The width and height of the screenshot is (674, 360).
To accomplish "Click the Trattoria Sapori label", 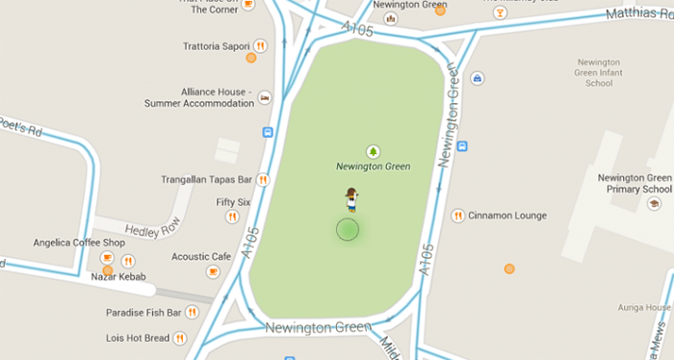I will [x=217, y=45].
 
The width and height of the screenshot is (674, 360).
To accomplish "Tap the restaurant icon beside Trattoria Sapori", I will [x=260, y=45].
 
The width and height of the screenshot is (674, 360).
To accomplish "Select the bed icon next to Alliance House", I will [x=264, y=96].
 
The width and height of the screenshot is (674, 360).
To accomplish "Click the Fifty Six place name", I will [x=233, y=202].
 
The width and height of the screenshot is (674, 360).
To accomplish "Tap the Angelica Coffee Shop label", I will [x=79, y=243].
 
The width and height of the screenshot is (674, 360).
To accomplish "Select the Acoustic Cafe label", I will [x=201, y=257].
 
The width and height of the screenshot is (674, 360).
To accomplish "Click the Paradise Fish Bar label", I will [x=144, y=312].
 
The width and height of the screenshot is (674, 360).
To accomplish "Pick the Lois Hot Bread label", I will [x=138, y=338].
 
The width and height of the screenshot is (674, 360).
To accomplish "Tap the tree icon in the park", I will [x=373, y=150].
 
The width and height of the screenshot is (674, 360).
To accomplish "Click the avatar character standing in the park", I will [x=351, y=199].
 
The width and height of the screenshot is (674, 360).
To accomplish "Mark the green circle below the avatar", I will [x=348, y=229].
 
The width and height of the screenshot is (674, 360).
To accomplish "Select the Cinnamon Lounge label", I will [x=507, y=216].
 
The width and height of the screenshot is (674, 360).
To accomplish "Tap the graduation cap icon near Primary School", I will [x=654, y=204].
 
